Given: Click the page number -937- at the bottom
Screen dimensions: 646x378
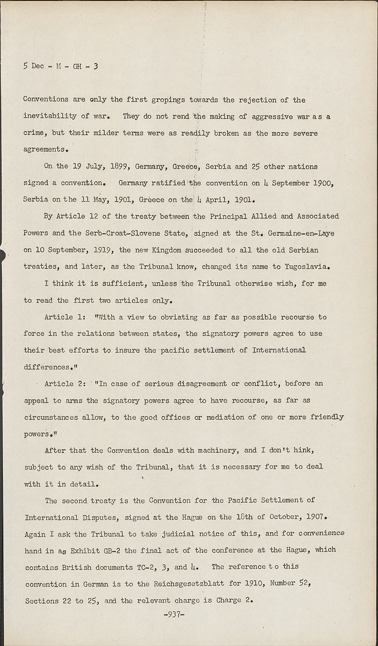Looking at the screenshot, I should (174, 615).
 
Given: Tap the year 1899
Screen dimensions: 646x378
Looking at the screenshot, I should (119, 167).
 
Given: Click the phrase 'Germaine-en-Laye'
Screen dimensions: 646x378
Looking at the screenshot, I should (301, 233).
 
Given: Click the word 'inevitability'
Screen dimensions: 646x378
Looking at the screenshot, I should (50, 116).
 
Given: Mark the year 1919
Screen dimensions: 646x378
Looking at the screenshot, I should (103, 250).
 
